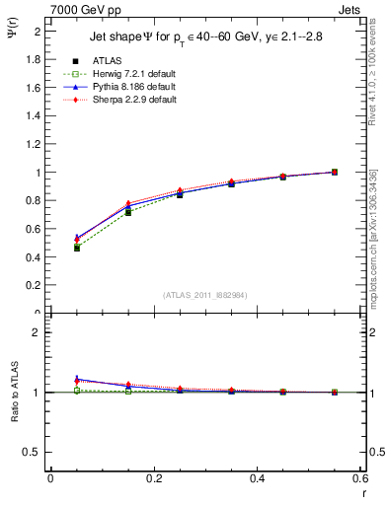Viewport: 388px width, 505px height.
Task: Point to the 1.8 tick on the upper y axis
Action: point(36,59)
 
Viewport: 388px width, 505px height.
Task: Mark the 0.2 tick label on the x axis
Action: point(154,477)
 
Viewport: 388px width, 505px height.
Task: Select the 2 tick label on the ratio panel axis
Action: point(39,332)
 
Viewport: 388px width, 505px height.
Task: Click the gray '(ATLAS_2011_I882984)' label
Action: point(205,294)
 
